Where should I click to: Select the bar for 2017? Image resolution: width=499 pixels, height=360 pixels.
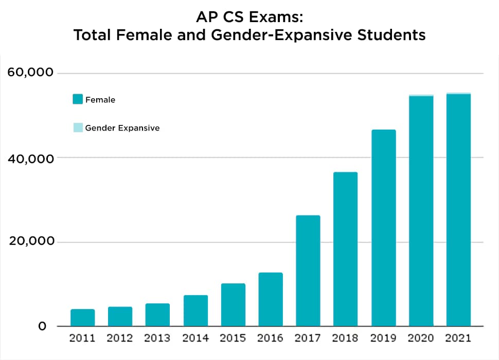(x=308, y=271)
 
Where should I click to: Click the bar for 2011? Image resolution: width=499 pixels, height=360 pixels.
(x=83, y=317)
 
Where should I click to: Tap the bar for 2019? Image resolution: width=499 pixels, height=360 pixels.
(x=383, y=228)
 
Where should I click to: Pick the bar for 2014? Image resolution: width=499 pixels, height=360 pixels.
(x=195, y=311)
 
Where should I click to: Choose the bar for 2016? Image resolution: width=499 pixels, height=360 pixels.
(x=271, y=299)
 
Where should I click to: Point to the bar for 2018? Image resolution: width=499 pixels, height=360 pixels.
(x=346, y=249)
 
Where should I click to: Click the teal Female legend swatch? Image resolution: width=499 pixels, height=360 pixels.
(x=78, y=100)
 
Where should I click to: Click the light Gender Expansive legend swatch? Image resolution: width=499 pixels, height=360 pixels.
(x=78, y=128)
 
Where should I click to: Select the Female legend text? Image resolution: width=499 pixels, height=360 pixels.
(x=100, y=100)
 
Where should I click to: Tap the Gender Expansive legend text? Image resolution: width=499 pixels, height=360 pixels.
(x=122, y=128)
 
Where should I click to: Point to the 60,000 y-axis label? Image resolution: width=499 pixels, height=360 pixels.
(x=30, y=73)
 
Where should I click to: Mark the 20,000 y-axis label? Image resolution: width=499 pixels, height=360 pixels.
(x=30, y=242)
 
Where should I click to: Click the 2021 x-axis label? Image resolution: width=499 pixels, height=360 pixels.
(x=458, y=338)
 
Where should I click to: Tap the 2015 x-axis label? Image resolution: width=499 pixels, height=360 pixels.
(x=233, y=338)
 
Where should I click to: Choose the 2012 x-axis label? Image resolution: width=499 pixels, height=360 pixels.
(x=120, y=338)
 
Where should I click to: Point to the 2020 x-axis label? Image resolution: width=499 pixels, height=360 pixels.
(x=421, y=338)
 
